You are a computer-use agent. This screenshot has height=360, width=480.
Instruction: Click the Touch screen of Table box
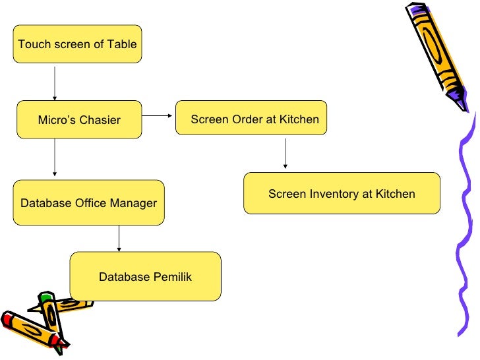[77, 44]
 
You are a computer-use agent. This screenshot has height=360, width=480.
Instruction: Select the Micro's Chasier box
[79, 119]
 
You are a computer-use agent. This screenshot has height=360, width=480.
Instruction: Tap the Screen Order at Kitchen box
[251, 117]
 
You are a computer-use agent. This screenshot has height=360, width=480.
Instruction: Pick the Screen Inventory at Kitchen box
[342, 193]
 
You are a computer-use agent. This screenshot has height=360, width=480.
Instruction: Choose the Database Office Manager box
[89, 202]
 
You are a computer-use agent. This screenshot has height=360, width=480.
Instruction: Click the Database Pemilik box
[146, 276]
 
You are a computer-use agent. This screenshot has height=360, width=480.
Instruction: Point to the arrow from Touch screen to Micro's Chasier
[55, 84]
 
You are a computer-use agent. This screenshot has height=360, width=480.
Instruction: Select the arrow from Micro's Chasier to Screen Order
[158, 116]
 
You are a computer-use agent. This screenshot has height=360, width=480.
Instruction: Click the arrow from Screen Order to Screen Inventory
[285, 154]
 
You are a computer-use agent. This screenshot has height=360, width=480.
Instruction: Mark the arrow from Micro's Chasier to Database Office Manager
[55, 158]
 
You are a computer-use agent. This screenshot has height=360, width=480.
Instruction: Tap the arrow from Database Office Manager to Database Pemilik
[119, 239]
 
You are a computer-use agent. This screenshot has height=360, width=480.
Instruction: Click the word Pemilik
[172, 277]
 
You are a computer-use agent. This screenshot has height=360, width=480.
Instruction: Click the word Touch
[34, 44]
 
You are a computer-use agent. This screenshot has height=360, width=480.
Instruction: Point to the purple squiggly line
[465, 224]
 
